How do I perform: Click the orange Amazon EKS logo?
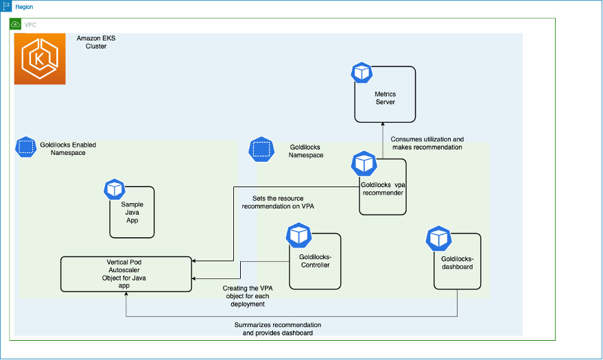click(x=40, y=59)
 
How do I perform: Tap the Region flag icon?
click(x=5, y=6)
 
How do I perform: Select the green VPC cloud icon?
click(x=15, y=25)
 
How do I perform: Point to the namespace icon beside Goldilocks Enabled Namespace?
click(x=26, y=147)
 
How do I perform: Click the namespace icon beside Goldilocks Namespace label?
click(x=261, y=149)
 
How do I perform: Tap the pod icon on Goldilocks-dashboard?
click(x=438, y=239)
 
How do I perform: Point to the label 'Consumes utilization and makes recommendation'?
click(x=427, y=143)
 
